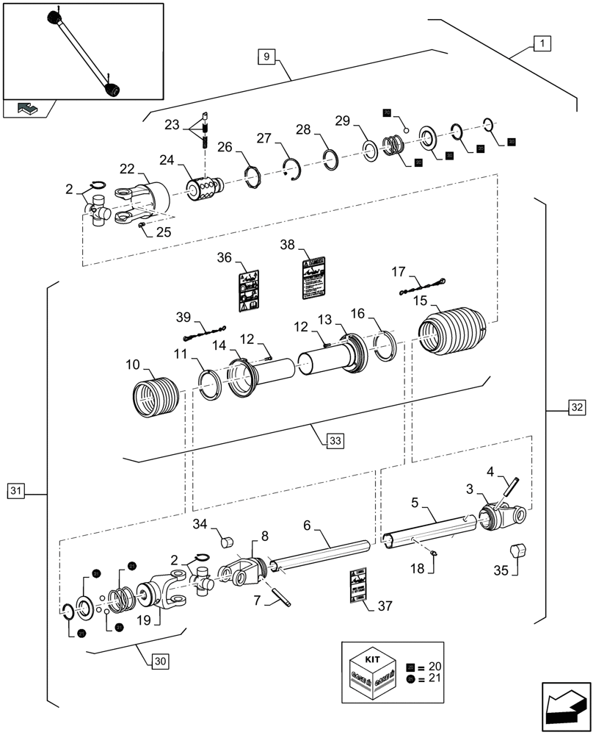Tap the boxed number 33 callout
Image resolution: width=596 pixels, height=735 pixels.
335,440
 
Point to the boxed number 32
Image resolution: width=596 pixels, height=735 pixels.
576,407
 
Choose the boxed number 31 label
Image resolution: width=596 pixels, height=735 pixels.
16,490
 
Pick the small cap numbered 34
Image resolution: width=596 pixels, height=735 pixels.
227,542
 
